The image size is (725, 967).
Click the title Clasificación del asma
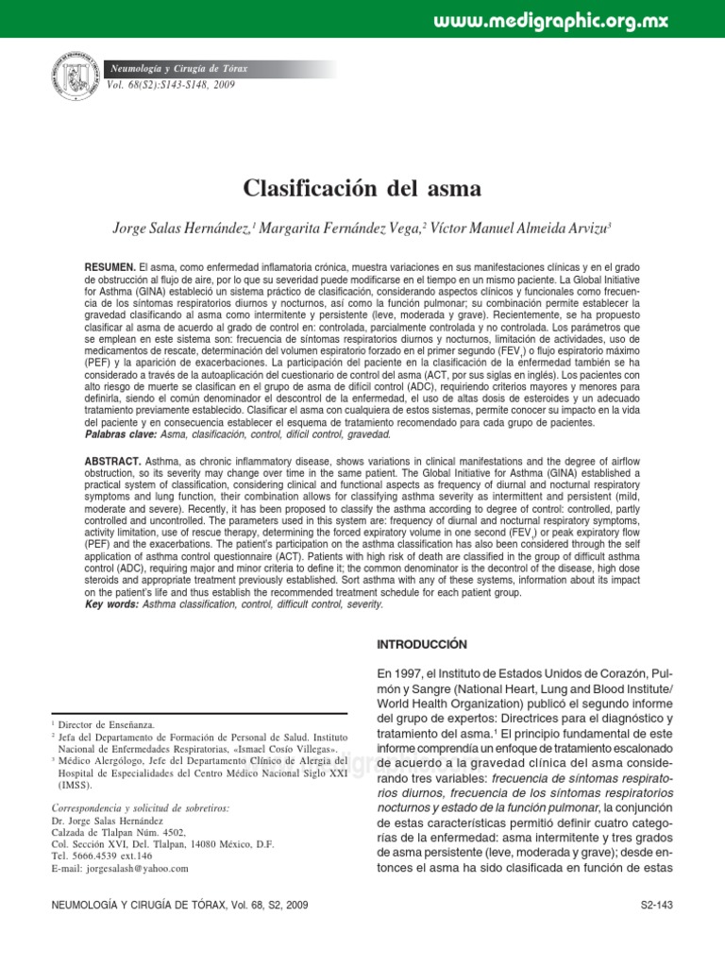[x=362, y=188]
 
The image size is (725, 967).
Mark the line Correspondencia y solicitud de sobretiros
[x=140, y=808]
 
